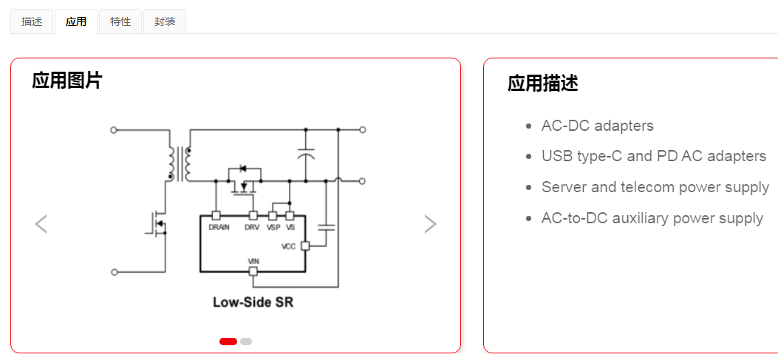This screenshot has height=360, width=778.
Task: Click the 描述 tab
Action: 32,21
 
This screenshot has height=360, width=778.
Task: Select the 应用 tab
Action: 75,21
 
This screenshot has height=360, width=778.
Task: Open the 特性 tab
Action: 120,21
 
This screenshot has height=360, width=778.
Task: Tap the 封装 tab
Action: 165,21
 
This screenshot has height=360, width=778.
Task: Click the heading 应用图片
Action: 67,81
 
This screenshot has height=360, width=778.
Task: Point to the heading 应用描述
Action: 543,84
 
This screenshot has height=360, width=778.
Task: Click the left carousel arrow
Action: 41,224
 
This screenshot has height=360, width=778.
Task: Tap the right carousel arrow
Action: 430,224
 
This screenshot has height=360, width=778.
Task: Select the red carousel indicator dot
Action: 228,342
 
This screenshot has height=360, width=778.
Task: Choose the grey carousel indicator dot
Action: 246,342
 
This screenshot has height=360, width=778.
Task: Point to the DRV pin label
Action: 253,228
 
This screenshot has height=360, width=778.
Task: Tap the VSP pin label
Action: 273,228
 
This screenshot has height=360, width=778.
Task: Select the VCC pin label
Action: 288,246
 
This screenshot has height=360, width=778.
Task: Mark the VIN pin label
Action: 253,262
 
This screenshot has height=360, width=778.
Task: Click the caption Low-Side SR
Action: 253,302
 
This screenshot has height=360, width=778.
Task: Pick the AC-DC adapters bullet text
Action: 597,126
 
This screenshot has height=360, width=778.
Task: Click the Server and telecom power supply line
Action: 655,187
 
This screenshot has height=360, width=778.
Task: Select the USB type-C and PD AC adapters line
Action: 653,156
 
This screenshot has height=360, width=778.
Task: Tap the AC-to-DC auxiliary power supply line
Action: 652,218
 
